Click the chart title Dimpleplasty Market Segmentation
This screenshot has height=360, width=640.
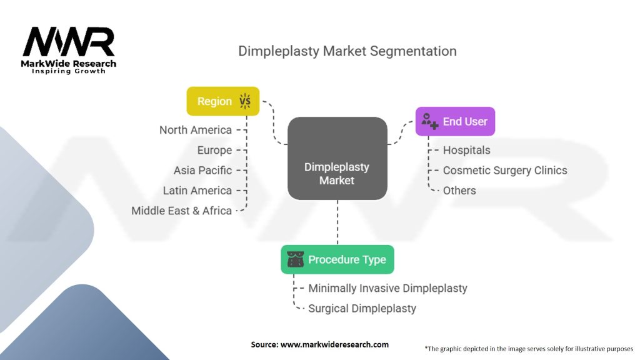click(347, 51)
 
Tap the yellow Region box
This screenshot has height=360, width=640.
click(222, 101)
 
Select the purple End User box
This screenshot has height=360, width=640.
click(455, 121)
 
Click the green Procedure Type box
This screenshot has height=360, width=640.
click(337, 259)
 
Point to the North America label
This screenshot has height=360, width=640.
click(195, 130)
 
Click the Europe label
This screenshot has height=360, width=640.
click(214, 150)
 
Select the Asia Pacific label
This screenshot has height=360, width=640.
click(202, 170)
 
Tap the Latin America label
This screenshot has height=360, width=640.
click(197, 191)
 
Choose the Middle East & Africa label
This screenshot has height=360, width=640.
click(181, 211)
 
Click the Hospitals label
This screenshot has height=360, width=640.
click(466, 150)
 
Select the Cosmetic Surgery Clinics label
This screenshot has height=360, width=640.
click(505, 170)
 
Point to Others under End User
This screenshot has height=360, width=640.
click(459, 191)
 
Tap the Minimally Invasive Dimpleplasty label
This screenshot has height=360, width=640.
click(387, 288)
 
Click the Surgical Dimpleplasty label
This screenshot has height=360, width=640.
click(362, 308)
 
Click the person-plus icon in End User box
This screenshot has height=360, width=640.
click(429, 121)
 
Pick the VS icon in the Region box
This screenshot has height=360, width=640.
click(244, 101)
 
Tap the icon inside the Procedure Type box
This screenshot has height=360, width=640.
click(296, 259)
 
